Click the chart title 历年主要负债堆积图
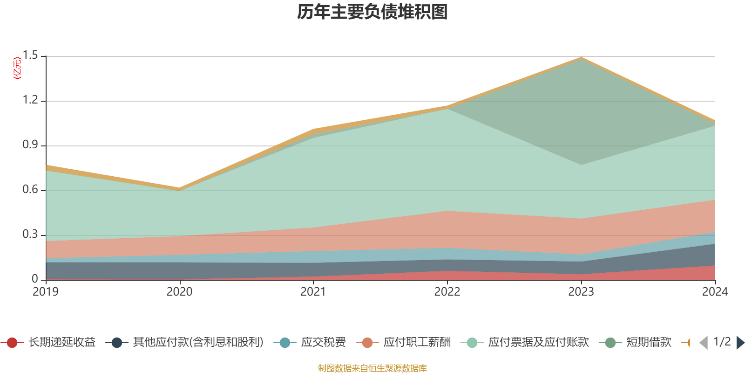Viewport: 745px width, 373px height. coord(372,12)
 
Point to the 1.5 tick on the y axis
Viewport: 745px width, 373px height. coord(30,55)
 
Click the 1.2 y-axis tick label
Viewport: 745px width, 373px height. coord(30,100)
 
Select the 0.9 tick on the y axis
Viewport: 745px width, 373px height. coord(30,145)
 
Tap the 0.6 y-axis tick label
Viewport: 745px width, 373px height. coord(30,190)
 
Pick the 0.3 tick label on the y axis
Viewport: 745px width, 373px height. coord(30,235)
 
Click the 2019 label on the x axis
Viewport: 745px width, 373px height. coord(46,292)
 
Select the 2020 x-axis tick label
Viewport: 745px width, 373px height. coord(180,292)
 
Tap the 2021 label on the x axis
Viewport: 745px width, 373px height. coord(313,292)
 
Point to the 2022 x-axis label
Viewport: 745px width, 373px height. coord(447,292)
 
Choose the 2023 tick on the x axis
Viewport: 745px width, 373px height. coord(581,292)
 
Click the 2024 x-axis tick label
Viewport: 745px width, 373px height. coord(715,292)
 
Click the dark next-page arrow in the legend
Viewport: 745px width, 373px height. coord(739,343)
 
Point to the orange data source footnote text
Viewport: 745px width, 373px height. coord(372,368)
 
